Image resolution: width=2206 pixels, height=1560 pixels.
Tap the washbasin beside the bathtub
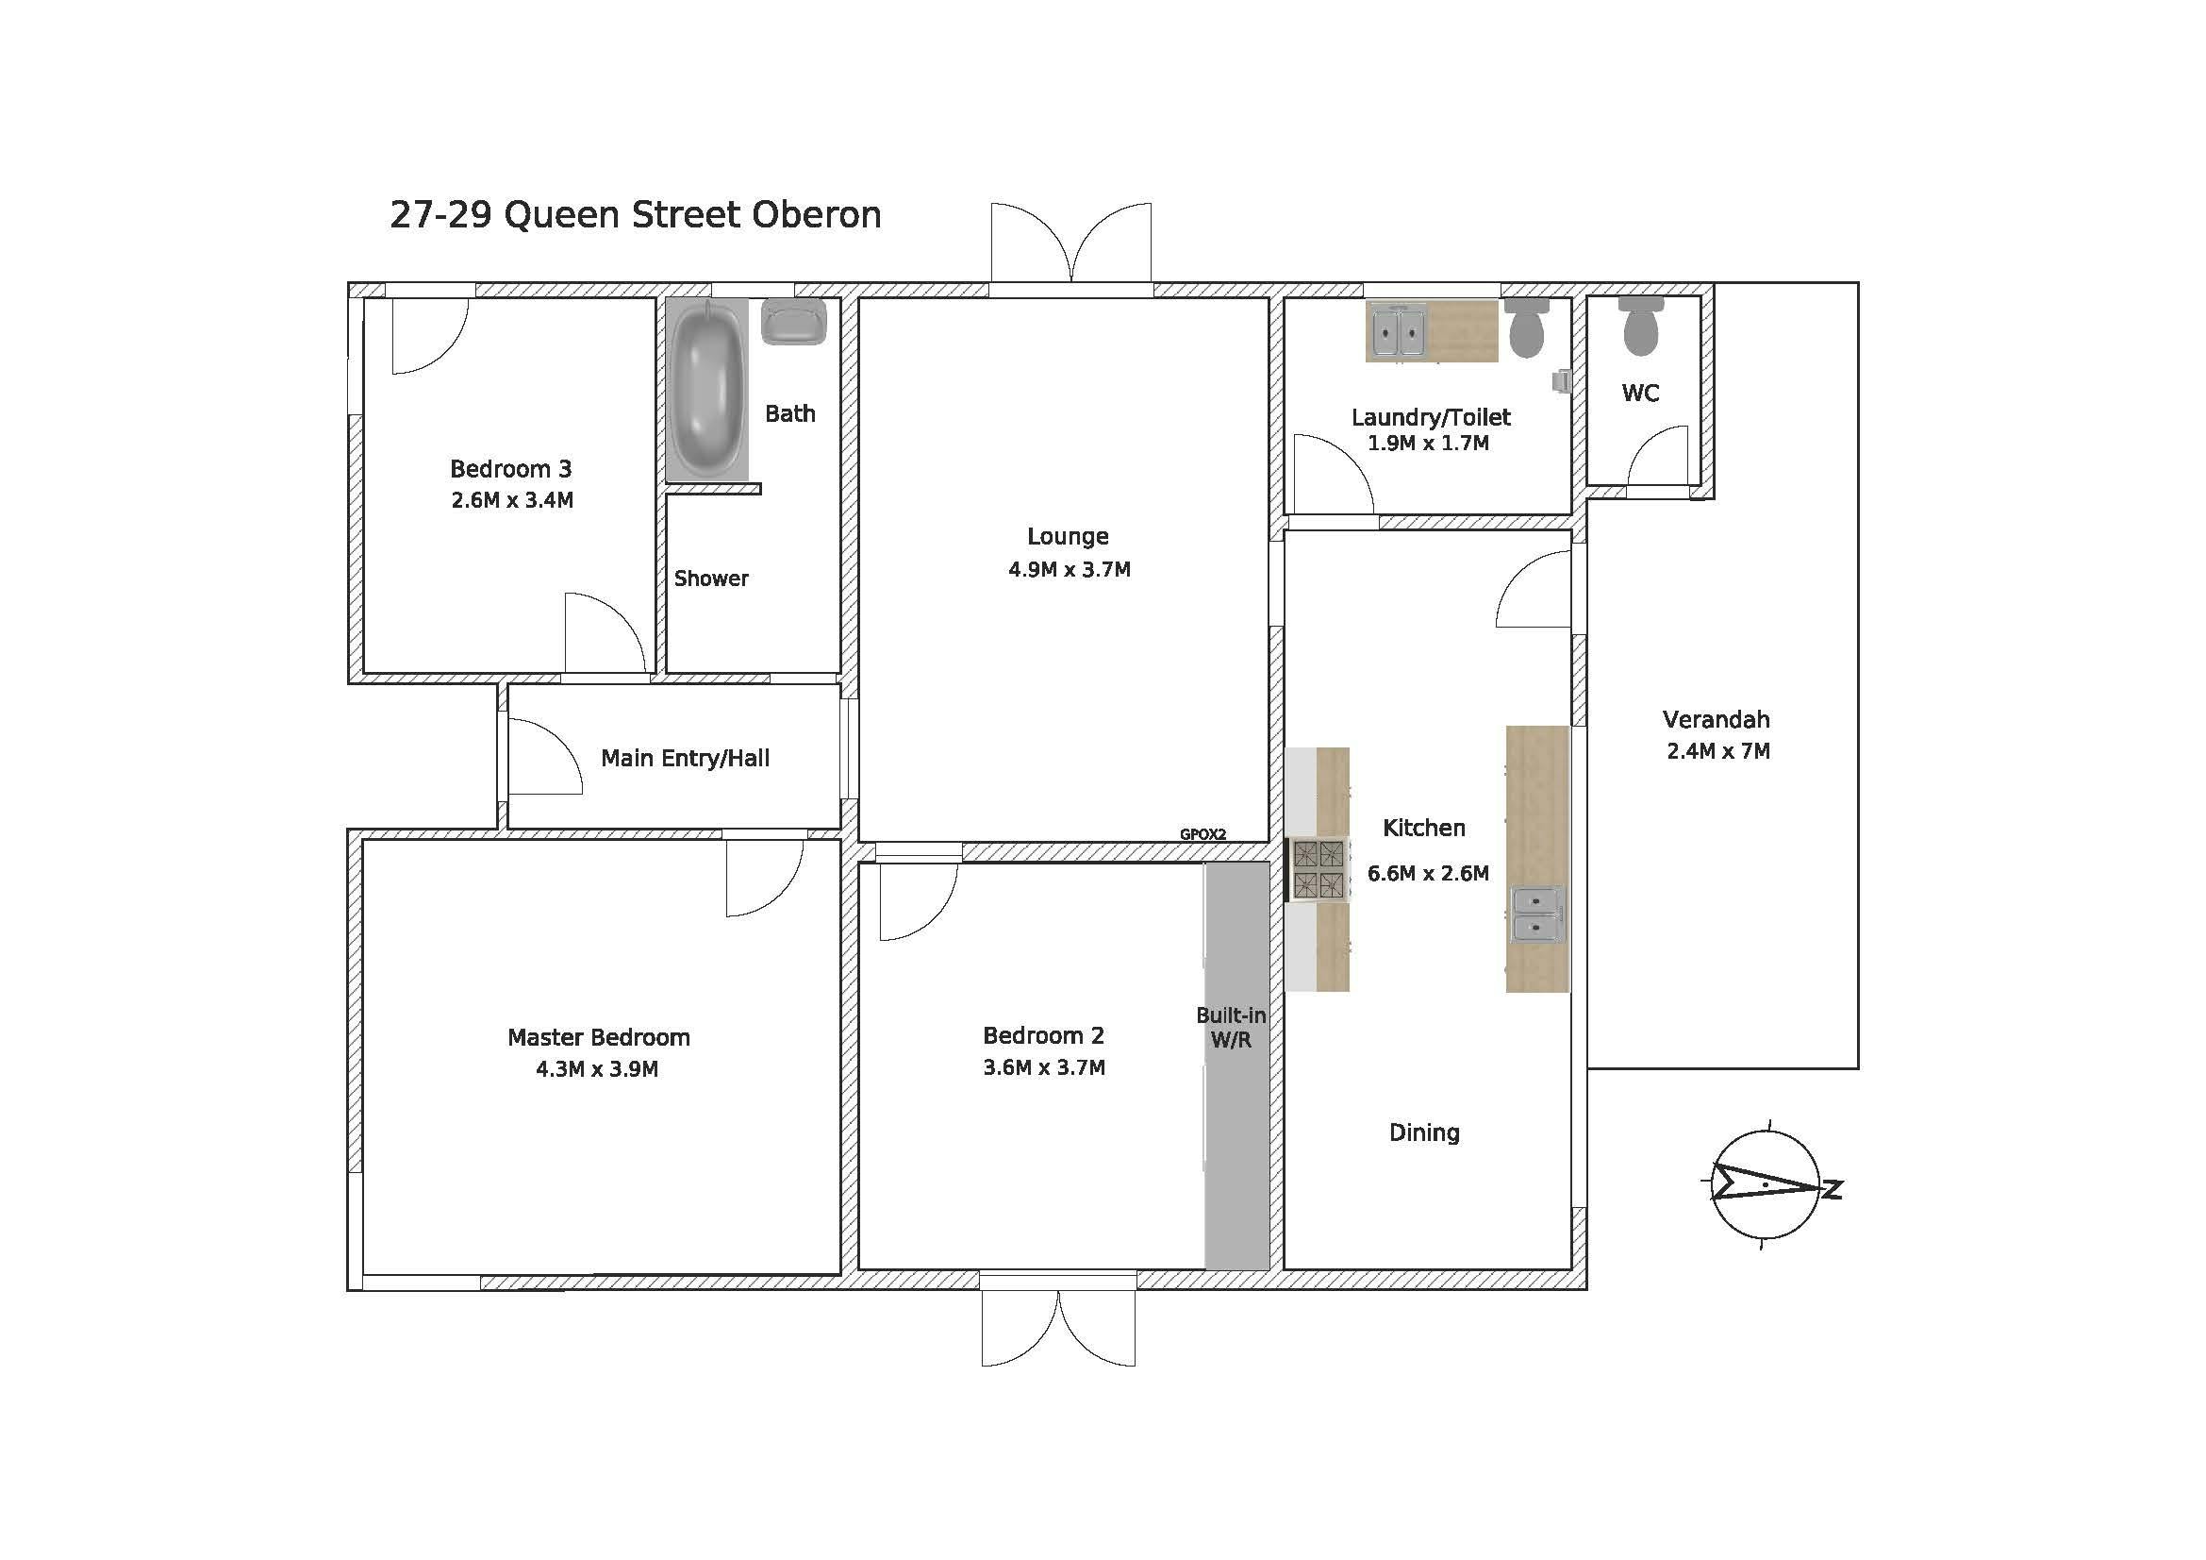[x=793, y=321]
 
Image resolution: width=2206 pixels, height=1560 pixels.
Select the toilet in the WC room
[x=1641, y=325]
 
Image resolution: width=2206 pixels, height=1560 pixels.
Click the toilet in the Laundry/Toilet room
[x=1527, y=327]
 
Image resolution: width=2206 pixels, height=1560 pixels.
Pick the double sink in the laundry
[x=1398, y=330]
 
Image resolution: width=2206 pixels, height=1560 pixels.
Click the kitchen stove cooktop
[x=1318, y=870]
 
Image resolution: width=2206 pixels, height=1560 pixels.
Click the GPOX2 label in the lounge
[x=1203, y=834]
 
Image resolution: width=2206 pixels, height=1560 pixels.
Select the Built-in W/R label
[x=1231, y=1027]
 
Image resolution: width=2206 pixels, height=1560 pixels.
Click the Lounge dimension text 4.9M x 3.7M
[x=1070, y=569]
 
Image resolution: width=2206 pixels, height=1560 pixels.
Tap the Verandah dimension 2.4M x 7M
[x=1717, y=750]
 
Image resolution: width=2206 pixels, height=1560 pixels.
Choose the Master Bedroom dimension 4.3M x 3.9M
[x=597, y=1069]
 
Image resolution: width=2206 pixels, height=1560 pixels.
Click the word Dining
[x=1424, y=1133]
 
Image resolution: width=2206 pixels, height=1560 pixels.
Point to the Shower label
[x=711, y=579]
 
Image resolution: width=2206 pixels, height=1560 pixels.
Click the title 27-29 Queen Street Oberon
[x=635, y=215]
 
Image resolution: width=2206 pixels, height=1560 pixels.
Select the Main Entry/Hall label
[x=685, y=759]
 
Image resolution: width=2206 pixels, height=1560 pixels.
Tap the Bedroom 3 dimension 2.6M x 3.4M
[x=512, y=500]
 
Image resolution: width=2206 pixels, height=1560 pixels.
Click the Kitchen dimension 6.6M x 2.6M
[x=1428, y=873]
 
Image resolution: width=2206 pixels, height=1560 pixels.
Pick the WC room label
[x=1640, y=394]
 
